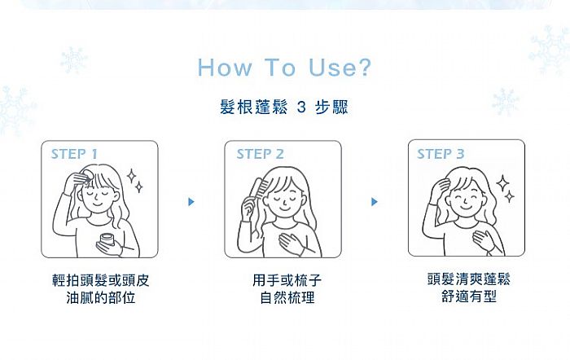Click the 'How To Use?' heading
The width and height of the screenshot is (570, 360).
(x=284, y=68)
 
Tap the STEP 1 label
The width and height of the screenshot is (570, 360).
(x=74, y=154)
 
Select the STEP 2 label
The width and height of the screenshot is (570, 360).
(x=260, y=154)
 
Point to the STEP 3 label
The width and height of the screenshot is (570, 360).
(x=441, y=154)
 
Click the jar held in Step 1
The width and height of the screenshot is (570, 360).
(x=107, y=240)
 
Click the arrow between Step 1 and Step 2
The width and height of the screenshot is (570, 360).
(x=191, y=202)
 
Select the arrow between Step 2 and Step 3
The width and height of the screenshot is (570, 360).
(x=375, y=202)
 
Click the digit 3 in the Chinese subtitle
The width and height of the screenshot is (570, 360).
(x=301, y=108)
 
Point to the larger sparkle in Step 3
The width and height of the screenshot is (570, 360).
(x=502, y=183)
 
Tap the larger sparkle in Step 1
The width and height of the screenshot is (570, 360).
(x=132, y=176)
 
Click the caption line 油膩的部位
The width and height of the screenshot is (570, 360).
(x=101, y=297)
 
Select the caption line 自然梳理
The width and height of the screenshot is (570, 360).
(x=287, y=297)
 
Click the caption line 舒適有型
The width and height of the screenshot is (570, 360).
(x=469, y=296)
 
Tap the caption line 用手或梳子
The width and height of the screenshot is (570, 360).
(x=287, y=280)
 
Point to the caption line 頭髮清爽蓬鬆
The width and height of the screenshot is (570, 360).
(x=469, y=279)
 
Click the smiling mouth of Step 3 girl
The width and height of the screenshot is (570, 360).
(x=466, y=207)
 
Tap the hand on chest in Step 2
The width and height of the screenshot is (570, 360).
(x=292, y=242)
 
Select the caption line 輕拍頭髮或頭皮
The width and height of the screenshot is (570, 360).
(x=101, y=280)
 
